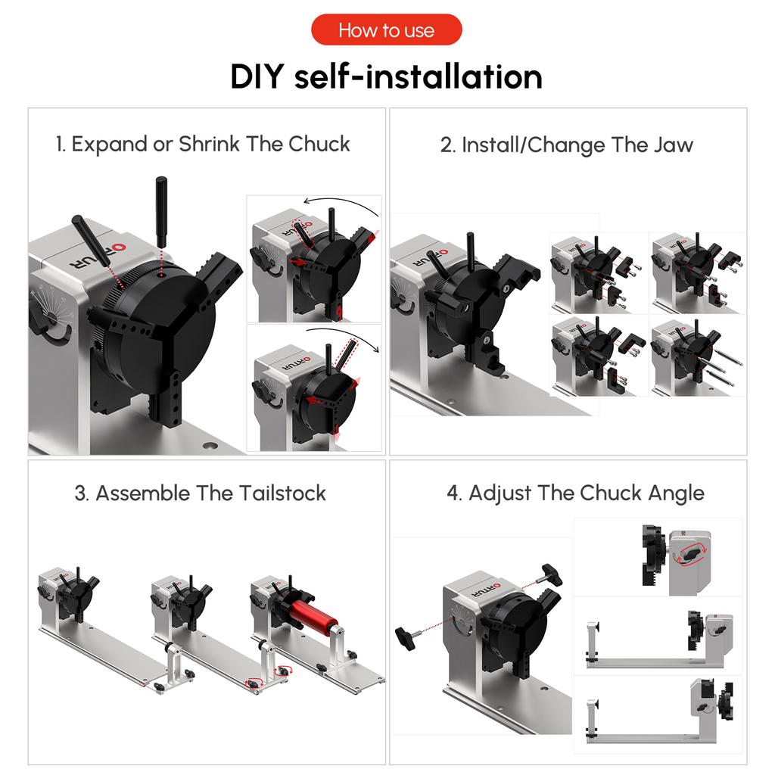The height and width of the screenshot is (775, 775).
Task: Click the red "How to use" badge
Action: click(386, 30)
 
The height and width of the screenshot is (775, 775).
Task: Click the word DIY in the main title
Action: click(257, 77)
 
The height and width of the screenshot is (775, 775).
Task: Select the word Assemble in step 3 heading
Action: click(143, 493)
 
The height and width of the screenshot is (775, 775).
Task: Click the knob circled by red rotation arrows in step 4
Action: click(689, 554)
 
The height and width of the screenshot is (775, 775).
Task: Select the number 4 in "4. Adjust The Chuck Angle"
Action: click(453, 493)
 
